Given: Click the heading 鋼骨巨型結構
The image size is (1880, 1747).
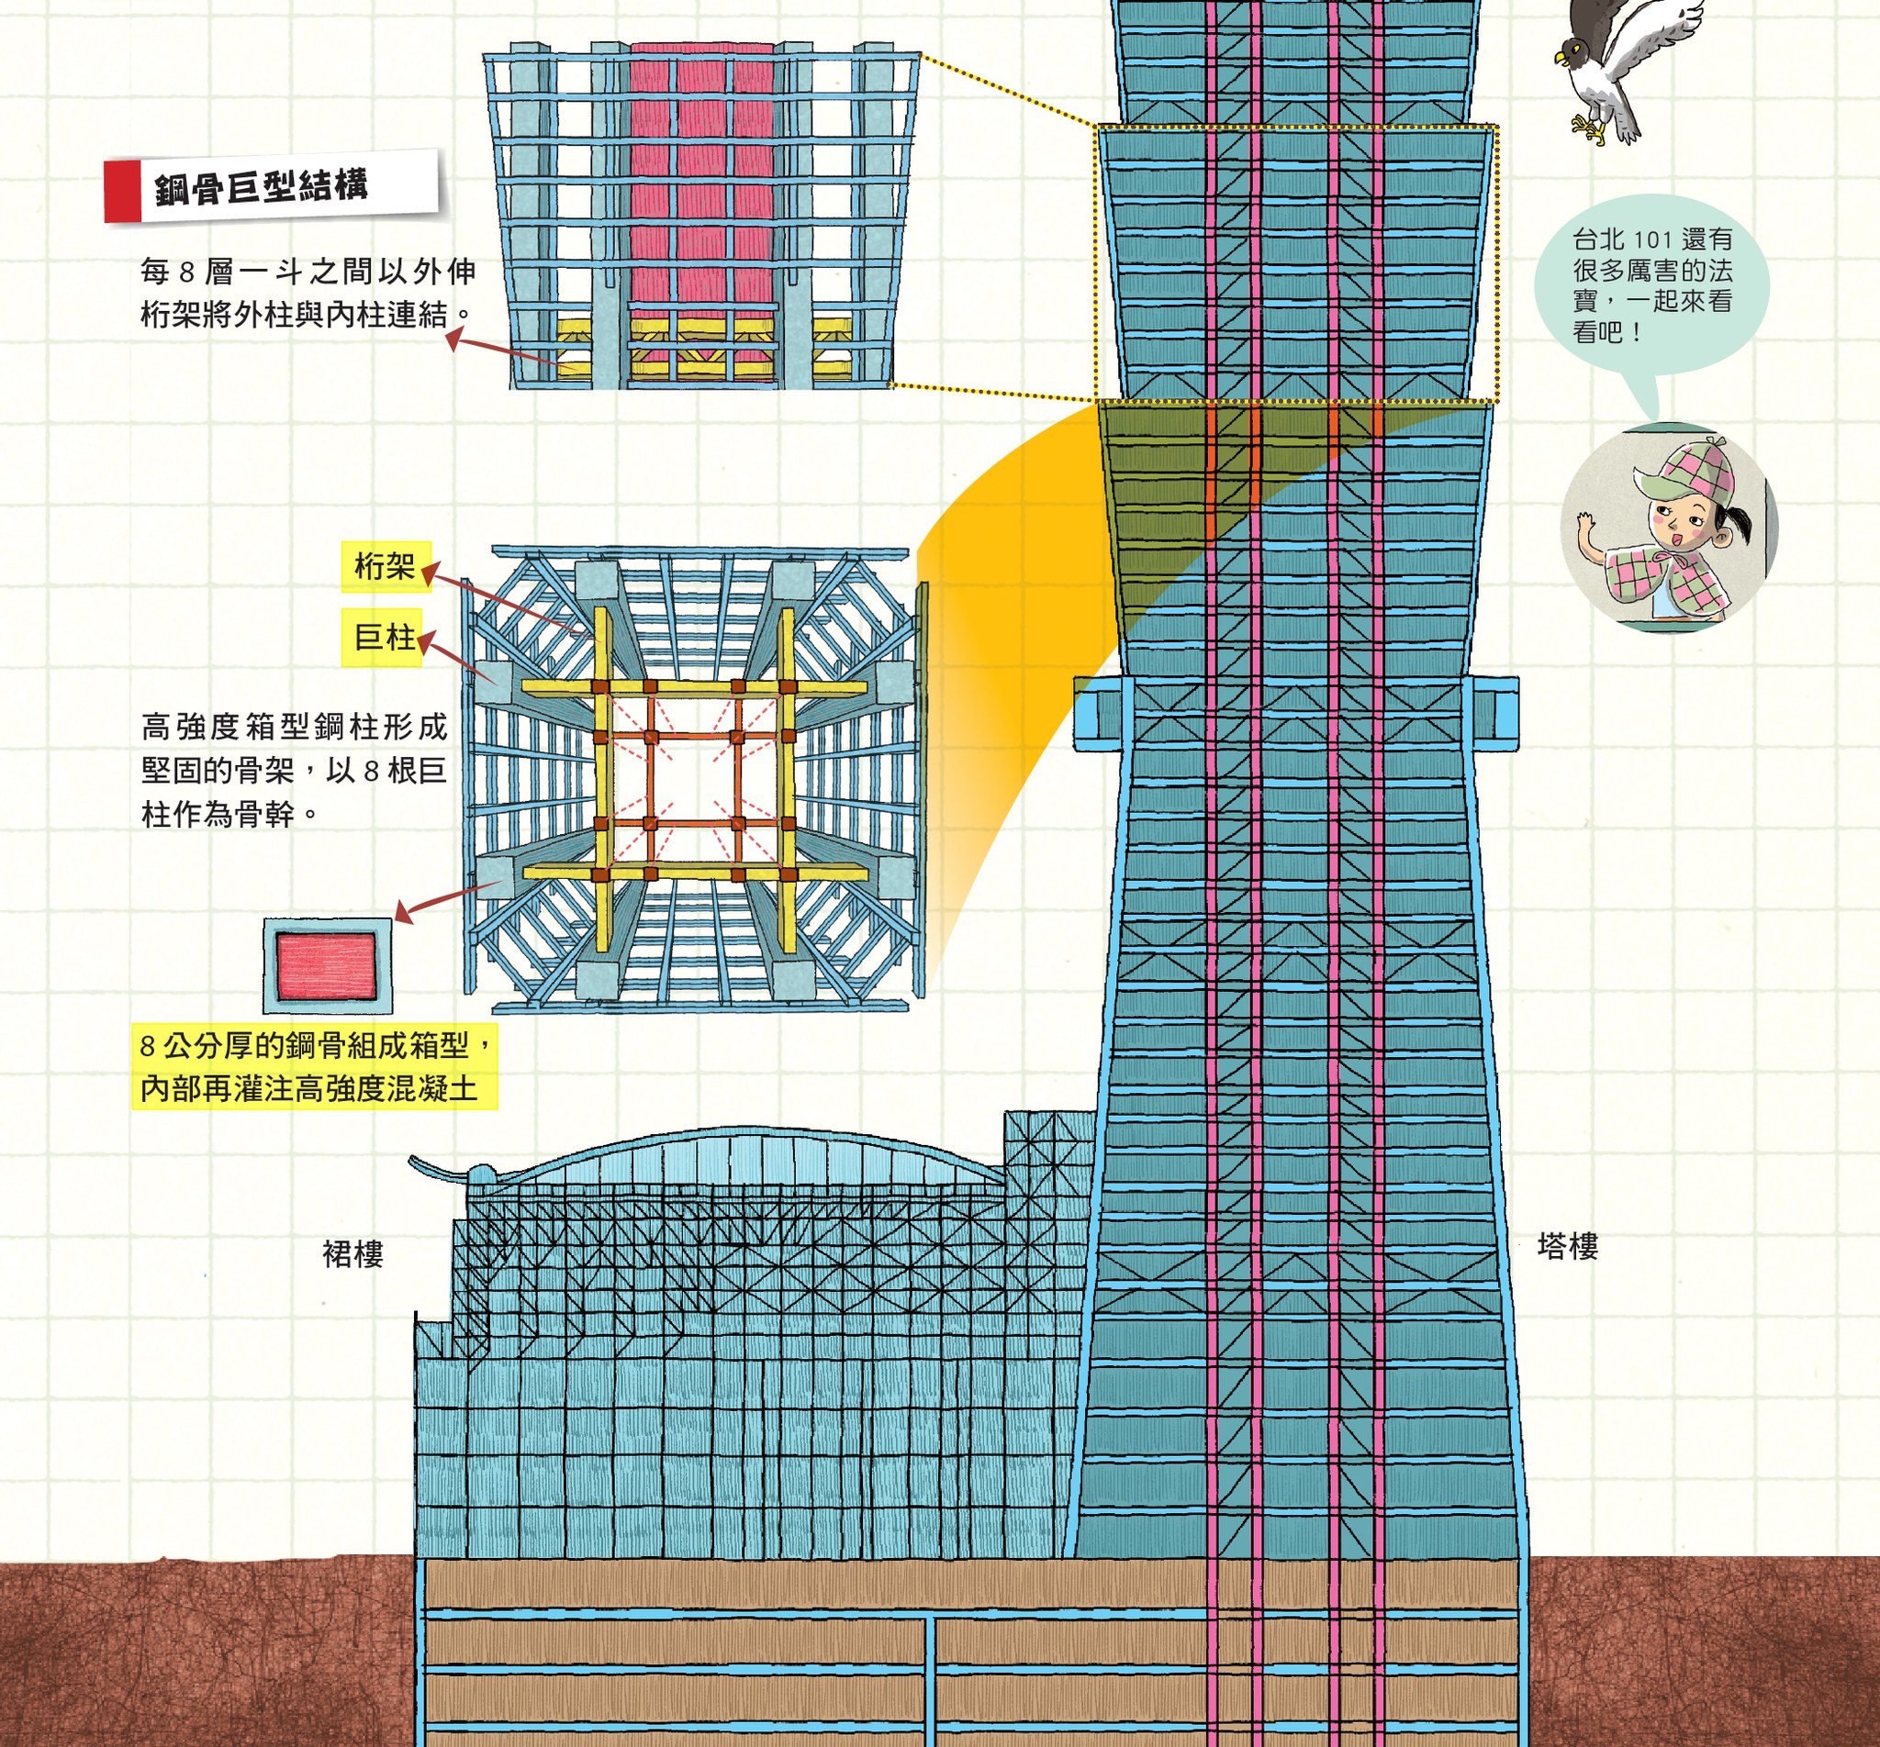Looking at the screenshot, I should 261,188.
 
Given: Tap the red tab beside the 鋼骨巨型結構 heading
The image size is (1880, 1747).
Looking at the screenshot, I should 121,192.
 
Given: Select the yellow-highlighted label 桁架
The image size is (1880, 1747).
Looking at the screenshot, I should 385,566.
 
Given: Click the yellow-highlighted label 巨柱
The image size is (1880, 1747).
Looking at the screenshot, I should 383,638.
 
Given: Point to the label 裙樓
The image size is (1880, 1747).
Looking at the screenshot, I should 352,1253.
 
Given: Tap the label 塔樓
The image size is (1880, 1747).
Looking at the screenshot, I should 1567,1246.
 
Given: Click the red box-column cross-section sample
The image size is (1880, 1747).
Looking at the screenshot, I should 326,966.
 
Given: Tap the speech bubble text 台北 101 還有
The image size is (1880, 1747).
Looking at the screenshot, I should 1651,239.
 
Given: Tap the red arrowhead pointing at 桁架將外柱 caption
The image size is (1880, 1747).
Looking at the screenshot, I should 456,338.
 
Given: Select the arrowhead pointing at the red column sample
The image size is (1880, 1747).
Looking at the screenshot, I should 404,913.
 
